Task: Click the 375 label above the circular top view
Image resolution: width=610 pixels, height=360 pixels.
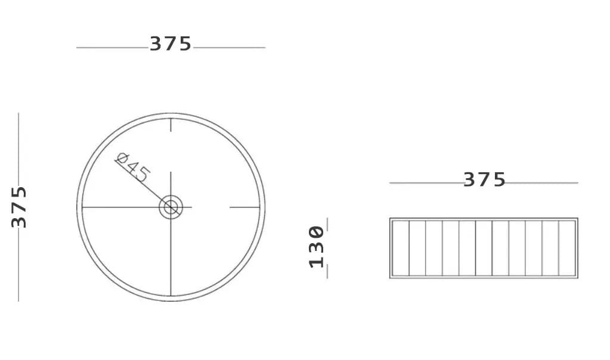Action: coord(171,44)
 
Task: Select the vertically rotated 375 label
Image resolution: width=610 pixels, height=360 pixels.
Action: coord(19,207)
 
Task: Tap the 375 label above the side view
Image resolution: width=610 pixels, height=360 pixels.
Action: coord(484,179)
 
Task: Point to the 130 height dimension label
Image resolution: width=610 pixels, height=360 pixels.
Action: coord(317,247)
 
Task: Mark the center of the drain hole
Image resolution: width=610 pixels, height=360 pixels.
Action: coord(171,207)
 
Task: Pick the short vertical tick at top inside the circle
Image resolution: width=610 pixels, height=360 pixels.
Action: coord(171,125)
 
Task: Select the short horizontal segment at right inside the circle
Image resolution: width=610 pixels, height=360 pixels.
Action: coord(244,207)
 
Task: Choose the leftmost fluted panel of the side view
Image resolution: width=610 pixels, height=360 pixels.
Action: coord(401,248)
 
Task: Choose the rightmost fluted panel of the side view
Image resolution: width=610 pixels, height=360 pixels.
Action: coord(567,248)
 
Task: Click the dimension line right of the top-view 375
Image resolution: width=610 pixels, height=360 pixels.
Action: coord(230,48)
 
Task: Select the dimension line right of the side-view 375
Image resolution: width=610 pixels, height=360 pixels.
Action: coord(542,183)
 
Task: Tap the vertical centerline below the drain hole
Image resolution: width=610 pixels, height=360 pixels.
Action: coord(171,256)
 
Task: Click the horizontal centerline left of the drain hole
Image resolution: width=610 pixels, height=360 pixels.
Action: coord(119,207)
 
